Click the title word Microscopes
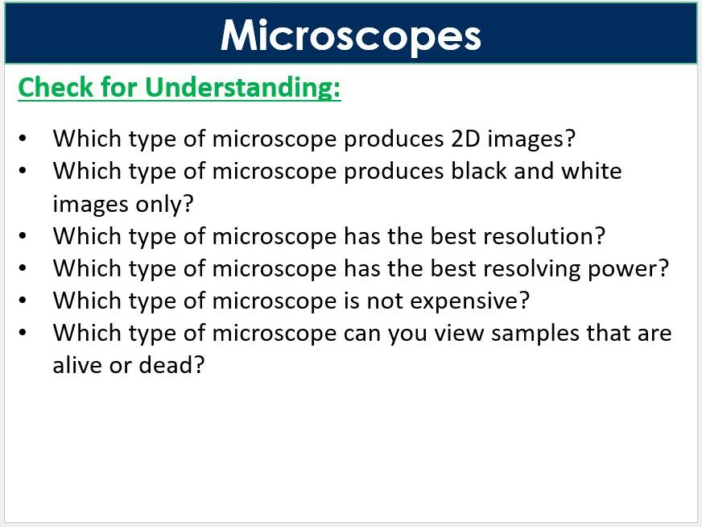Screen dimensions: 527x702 [351, 35]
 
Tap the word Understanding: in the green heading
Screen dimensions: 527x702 [243, 88]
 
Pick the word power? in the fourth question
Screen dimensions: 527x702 [635, 268]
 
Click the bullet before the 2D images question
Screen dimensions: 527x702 [23, 139]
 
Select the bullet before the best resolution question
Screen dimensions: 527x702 [23, 236]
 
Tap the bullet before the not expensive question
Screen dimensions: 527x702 [23, 301]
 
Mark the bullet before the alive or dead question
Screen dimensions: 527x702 [23, 333]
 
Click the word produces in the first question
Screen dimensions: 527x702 [390, 139]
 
